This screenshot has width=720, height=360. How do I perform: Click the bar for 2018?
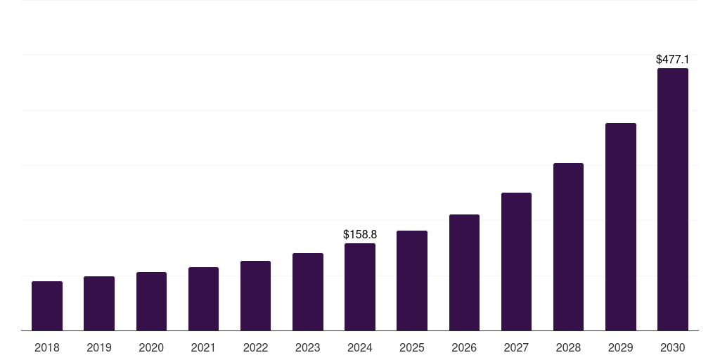pyautogui.click(x=47, y=306)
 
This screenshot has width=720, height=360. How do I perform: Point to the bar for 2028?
pyautogui.click(x=568, y=247)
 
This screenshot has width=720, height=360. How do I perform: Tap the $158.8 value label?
pyautogui.click(x=360, y=234)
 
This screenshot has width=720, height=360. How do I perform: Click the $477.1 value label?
pyautogui.click(x=673, y=60)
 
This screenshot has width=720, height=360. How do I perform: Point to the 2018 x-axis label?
pyautogui.click(x=47, y=347)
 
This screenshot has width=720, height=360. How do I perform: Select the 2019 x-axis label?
pyautogui.click(x=99, y=347)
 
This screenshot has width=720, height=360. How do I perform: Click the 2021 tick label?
pyautogui.click(x=203, y=347)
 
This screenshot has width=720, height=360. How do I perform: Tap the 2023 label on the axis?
pyautogui.click(x=308, y=347)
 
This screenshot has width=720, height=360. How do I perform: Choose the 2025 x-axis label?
pyautogui.click(x=412, y=347)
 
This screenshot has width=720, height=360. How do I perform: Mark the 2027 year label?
pyautogui.click(x=516, y=347)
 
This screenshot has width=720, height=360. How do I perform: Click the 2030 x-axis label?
pyautogui.click(x=673, y=347)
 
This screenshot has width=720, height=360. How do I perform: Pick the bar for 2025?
pyautogui.click(x=412, y=281)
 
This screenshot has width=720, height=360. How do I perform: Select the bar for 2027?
pyautogui.click(x=516, y=262)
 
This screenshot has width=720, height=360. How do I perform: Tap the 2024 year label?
pyautogui.click(x=360, y=347)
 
